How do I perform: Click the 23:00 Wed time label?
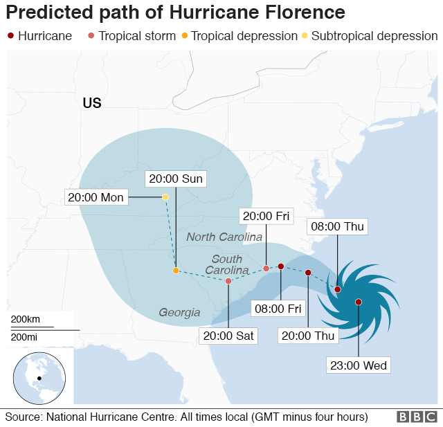358,365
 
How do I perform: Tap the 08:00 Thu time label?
336,226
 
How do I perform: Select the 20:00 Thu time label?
307,336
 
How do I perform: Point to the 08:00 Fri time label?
280,308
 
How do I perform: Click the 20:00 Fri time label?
264,216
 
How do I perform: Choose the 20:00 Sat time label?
228,336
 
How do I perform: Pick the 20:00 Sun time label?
176,179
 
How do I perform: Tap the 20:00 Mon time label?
96,198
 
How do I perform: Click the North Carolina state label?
225,237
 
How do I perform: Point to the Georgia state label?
179,312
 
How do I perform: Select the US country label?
92,103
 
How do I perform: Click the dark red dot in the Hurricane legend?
10,36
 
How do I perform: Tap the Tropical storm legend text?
137,36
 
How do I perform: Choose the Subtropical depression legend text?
374,36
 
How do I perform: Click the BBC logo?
417,417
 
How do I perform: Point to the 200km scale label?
26,319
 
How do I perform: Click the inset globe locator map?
39,377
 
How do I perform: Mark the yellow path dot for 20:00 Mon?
165,197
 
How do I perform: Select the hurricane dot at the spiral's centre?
359,302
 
